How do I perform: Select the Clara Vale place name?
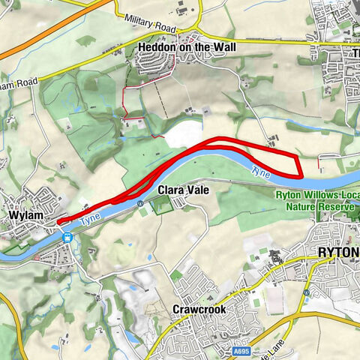pyautogui.click(x=181, y=190)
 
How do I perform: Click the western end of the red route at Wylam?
pyautogui.click(x=58, y=220)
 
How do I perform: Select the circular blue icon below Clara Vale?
pyautogui.click(x=140, y=203)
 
